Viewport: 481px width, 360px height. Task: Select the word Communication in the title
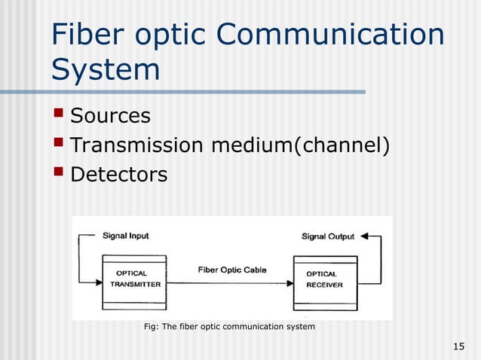[336, 36]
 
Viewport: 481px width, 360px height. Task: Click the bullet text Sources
[110, 116]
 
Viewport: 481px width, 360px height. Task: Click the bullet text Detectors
[118, 175]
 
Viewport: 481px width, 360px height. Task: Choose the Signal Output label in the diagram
[328, 236]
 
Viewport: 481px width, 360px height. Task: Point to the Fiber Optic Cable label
[231, 270]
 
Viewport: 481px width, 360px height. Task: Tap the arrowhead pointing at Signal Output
[364, 236]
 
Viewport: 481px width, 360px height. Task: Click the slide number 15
[458, 346]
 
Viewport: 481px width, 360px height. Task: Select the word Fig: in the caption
[152, 327]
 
